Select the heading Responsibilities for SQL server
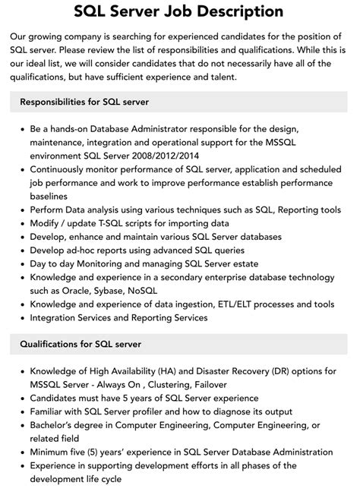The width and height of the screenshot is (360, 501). click(84, 102)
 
